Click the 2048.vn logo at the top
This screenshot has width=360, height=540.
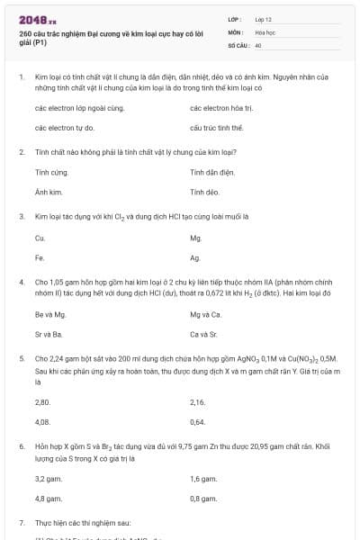(37, 19)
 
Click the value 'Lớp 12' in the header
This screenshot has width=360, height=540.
(264, 19)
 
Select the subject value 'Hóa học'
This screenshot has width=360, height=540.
(265, 31)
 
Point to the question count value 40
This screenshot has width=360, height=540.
(258, 44)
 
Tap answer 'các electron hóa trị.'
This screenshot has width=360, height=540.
(220, 108)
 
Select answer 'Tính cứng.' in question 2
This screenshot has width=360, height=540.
(51, 171)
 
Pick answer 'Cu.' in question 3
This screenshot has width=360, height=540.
(40, 238)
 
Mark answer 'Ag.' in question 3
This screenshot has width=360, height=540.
(195, 258)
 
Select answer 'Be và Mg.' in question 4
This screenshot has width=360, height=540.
(50, 314)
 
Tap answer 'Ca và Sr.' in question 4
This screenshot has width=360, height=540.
(204, 334)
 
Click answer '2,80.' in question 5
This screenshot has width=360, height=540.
(42, 400)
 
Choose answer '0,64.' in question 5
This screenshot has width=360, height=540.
(198, 421)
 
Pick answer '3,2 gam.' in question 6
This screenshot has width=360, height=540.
(49, 478)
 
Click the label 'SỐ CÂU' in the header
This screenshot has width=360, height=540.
(238, 44)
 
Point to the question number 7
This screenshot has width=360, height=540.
(22, 522)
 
